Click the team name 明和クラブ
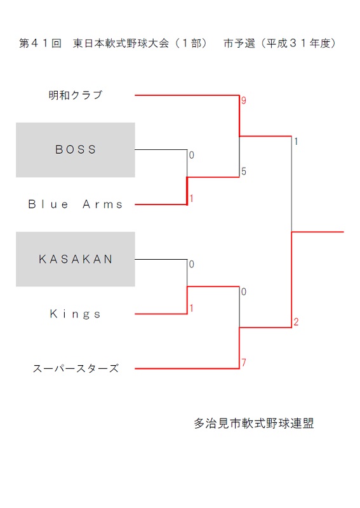coord(76,95)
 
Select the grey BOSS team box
coord(76,150)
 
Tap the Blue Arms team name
coord(76,204)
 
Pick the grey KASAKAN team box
coord(76,259)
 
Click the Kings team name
coord(75,314)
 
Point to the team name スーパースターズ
coord(76,368)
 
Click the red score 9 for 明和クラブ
coord(244,100)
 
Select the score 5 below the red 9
coord(244,171)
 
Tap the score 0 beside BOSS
coord(192,155)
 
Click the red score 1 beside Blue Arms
coord(192,198)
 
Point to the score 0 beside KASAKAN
coord(192,264)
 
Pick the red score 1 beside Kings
coord(192,308)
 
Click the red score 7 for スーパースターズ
coord(244,362)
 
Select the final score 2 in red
coord(296,322)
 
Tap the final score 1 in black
coord(296,141)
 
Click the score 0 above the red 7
coord(244,291)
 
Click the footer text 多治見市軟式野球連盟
coord(254,423)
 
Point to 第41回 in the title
coord(40,43)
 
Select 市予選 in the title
coord(239,43)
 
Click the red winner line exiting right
coord(317,232)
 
